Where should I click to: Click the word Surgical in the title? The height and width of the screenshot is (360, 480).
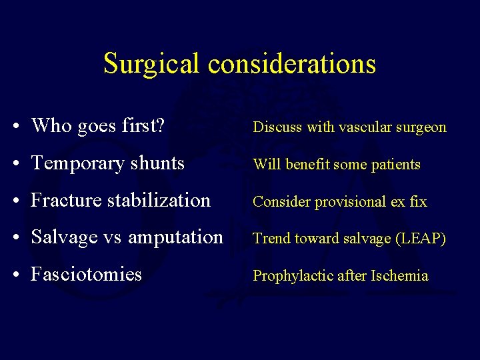coord(152,64)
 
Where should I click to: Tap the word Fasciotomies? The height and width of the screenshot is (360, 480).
coord(86,274)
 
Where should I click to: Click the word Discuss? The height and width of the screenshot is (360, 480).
coord(277,127)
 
